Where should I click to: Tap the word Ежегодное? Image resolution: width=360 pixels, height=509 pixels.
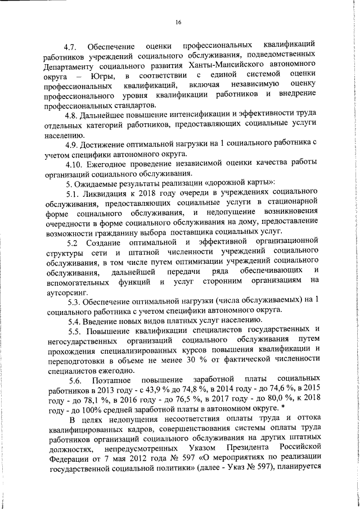111,163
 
